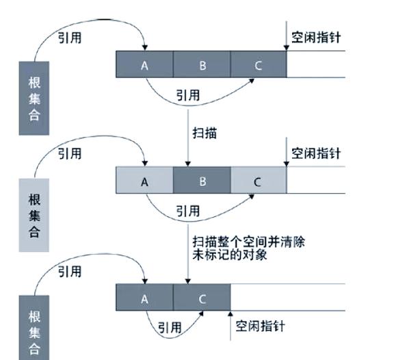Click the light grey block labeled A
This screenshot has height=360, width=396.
coord(144,182)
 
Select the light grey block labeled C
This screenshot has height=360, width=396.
coord(258,182)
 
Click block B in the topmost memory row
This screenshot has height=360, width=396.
coord(202,65)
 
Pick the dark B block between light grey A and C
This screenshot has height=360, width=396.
coord(202,182)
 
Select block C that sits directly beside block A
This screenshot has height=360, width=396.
coord(202,298)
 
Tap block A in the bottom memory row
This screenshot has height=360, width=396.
coord(144,298)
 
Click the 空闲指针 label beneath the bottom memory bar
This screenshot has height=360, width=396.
coord(260,326)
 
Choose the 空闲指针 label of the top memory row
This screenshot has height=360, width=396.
coord(315,38)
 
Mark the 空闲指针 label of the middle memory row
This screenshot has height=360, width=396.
coord(315,153)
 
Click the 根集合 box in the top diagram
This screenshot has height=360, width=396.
coord(34,97)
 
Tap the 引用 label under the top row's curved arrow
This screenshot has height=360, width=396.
coord(188,95)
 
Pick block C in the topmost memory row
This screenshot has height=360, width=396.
coord(258,65)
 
